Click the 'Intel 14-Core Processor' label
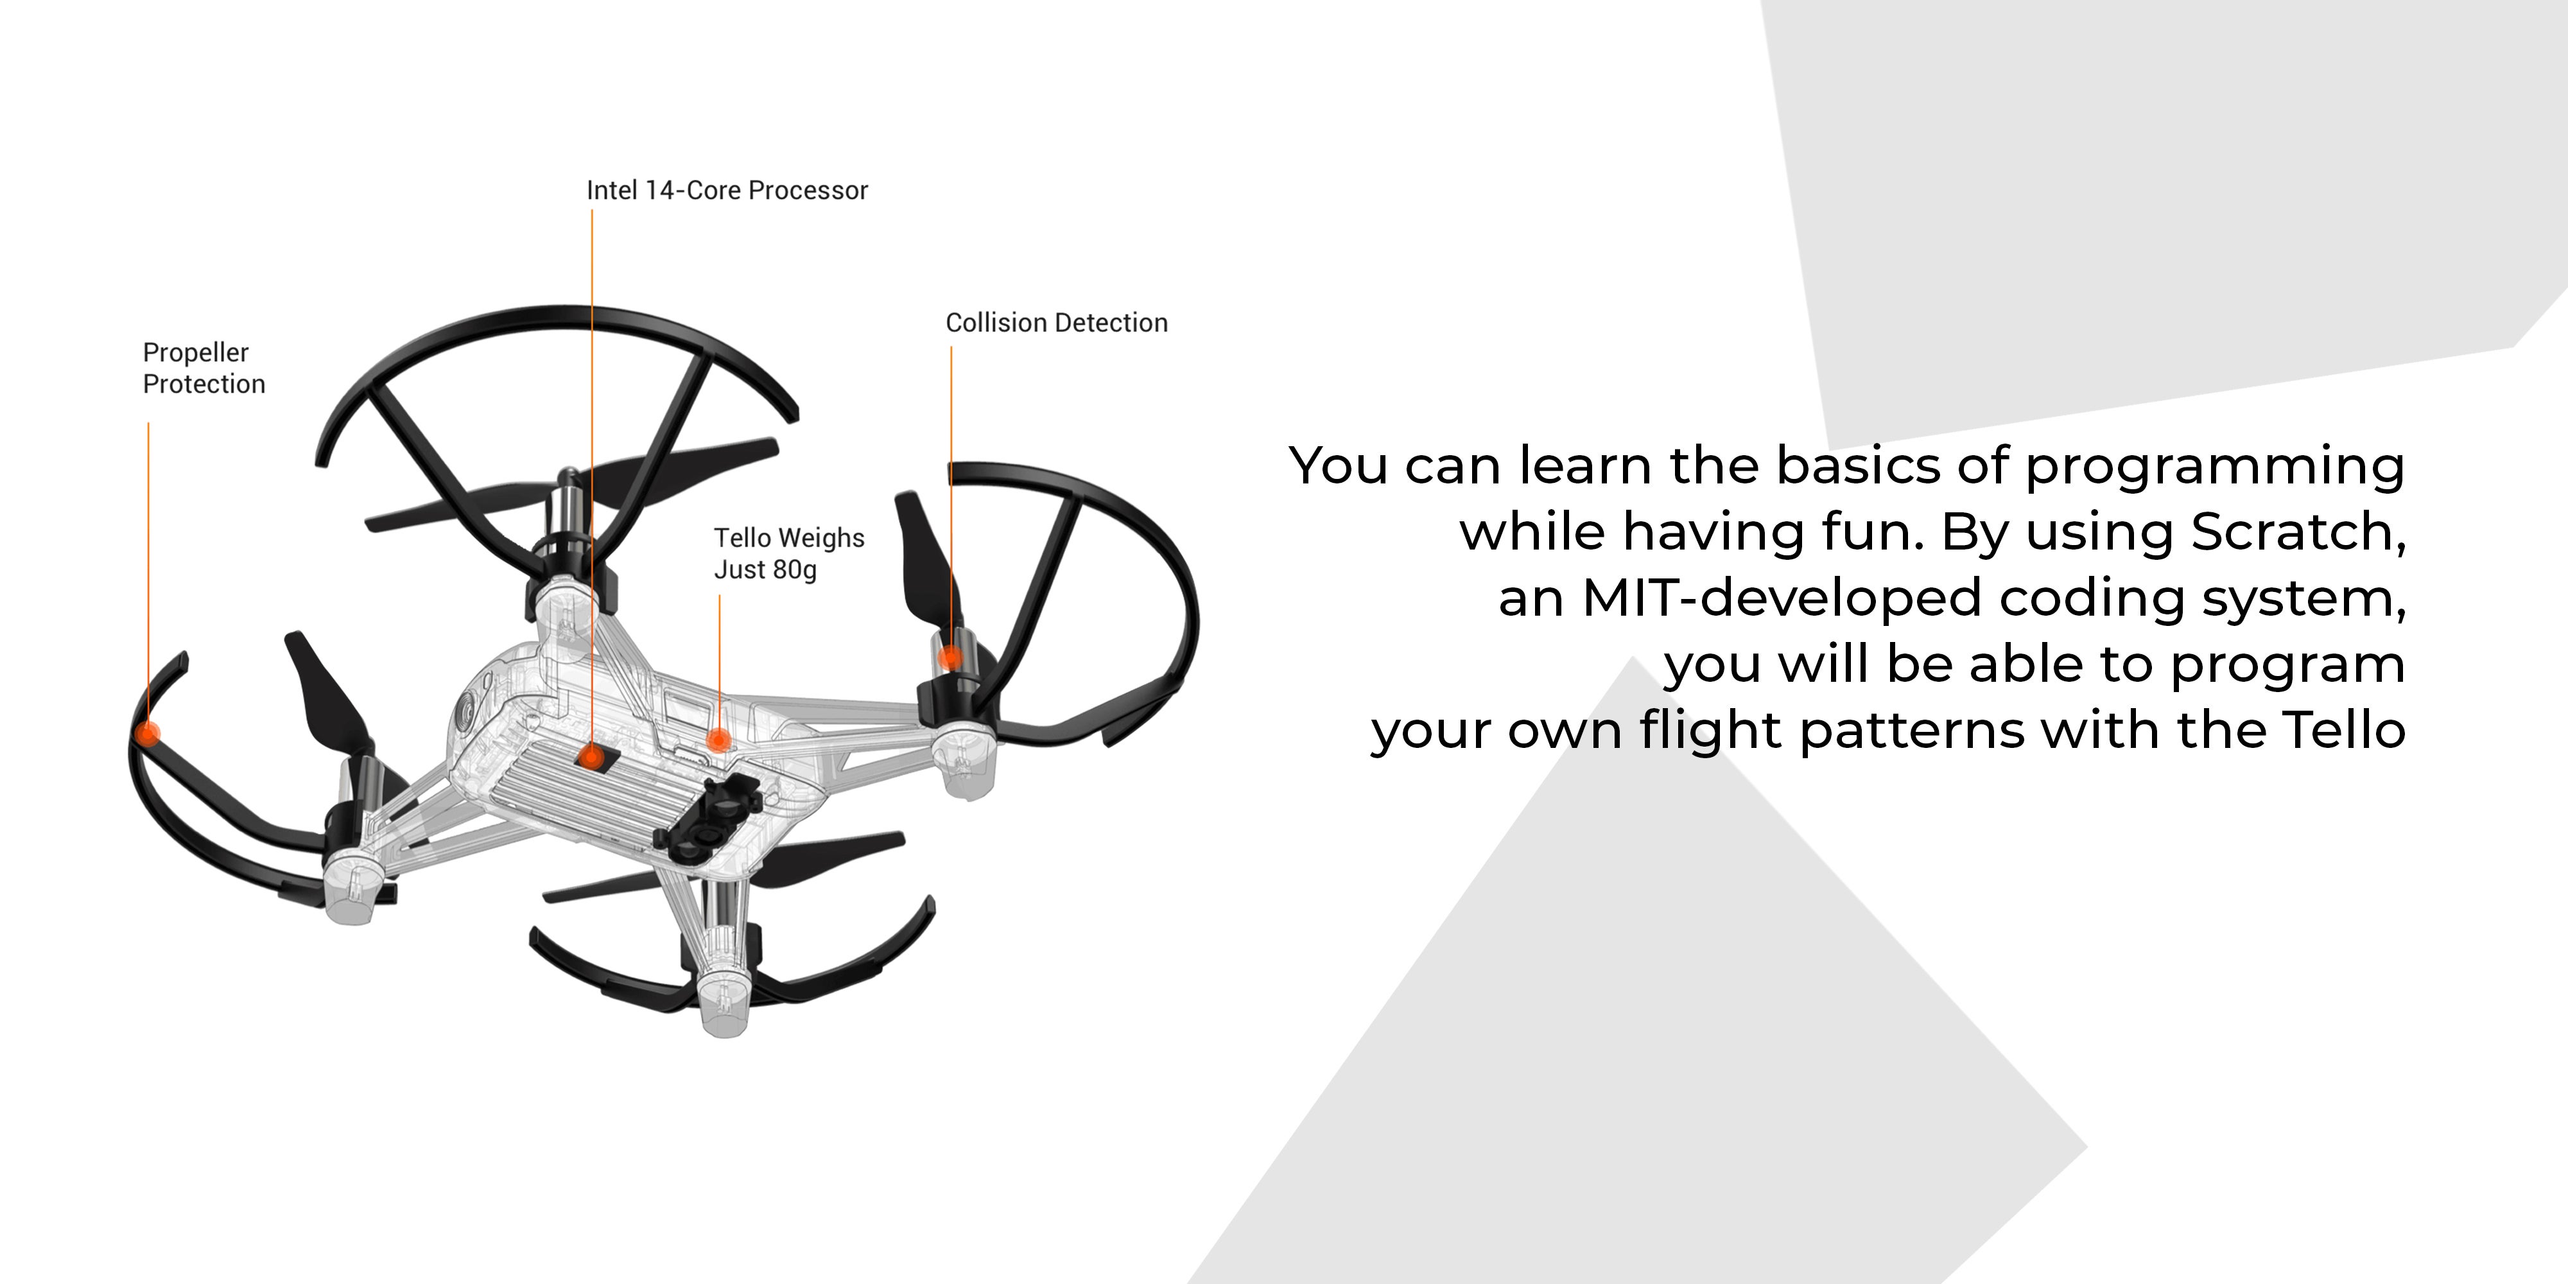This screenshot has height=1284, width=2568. pos(727,191)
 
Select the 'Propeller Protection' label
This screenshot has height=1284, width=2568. pos(204,368)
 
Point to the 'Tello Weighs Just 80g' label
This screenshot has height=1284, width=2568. pos(788,553)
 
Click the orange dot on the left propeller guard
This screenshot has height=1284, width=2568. pos(148,734)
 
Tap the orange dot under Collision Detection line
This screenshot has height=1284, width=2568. pos(950,657)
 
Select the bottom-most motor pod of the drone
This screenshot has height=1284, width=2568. pos(725,997)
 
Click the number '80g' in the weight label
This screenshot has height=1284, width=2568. pos(795,570)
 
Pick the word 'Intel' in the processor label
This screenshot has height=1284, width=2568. pos(612,191)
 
